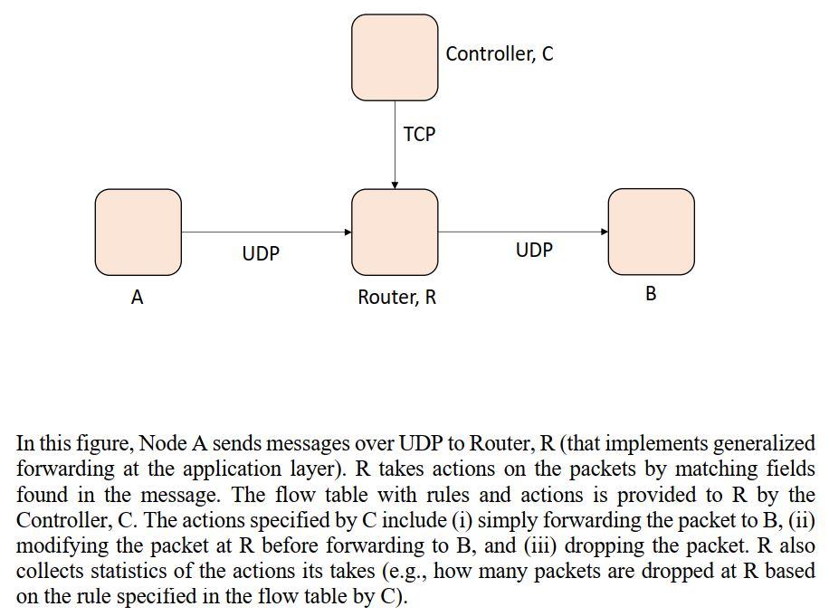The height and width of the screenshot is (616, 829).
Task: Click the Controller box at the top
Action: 395,57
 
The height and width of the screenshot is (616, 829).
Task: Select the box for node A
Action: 138,232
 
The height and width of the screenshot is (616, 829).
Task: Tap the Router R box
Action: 395,232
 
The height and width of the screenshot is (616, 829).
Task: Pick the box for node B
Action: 651,232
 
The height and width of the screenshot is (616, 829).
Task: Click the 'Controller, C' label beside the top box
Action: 499,54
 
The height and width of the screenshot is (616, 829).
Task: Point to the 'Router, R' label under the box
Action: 396,298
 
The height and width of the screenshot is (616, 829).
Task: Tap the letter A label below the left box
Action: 137,298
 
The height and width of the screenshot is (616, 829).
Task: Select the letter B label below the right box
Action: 651,294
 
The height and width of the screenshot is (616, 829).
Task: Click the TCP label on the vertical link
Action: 419,135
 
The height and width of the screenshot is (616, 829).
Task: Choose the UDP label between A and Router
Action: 261,254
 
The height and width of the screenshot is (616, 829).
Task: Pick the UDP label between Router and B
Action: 534,251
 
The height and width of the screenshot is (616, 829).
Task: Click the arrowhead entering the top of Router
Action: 395,185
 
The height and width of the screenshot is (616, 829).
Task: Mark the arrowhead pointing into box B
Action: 604,232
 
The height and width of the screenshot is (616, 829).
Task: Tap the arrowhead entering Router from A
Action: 348,232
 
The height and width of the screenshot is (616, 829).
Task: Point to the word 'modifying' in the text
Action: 56,546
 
